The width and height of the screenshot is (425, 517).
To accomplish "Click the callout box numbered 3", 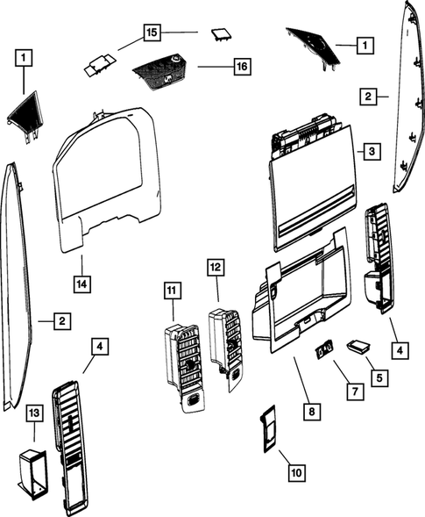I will coord(372,152).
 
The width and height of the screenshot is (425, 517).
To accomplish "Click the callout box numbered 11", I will coord(172,288).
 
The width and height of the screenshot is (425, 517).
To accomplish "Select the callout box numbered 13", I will coord(33,413).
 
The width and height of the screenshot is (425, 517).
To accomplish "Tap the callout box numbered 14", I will coord(81,284).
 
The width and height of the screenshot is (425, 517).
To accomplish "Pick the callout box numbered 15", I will coord(152,32).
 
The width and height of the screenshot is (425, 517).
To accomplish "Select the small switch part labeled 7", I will coord(324,351).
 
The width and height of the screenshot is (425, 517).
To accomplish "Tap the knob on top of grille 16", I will coord(175,58).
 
